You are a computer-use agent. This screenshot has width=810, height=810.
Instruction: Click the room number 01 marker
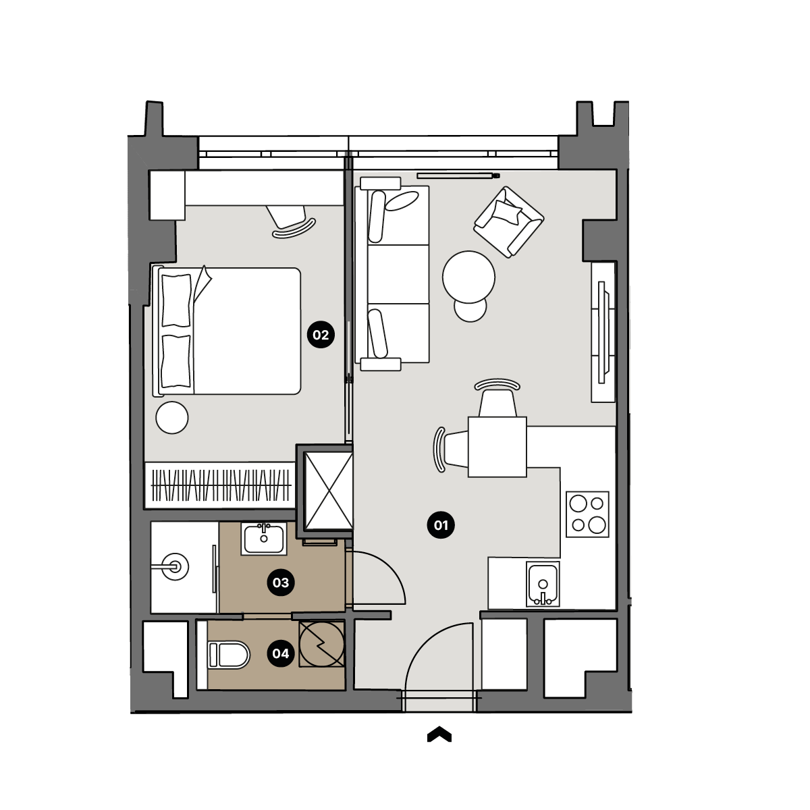(x=441, y=525)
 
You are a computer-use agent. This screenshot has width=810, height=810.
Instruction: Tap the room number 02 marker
(x=321, y=335)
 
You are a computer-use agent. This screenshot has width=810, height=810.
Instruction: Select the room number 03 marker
(x=281, y=583)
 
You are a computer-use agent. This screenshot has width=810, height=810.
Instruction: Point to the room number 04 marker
(x=281, y=653)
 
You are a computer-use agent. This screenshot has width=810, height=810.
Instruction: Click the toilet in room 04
(x=229, y=655)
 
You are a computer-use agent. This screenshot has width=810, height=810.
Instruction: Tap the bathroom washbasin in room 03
(x=264, y=539)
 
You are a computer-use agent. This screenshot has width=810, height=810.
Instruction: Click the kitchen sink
(x=543, y=585)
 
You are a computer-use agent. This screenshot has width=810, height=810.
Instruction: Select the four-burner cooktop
(x=588, y=514)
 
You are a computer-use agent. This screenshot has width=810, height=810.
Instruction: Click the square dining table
(x=497, y=447)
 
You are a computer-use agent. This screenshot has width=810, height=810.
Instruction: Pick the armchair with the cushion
(x=509, y=222)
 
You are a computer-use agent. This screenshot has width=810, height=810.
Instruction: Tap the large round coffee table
(x=468, y=277)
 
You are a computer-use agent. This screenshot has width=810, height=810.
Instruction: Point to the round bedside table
(x=172, y=417)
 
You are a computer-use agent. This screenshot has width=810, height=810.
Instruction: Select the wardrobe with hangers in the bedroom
(x=220, y=485)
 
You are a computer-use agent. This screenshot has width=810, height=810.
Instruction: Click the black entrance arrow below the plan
(x=439, y=734)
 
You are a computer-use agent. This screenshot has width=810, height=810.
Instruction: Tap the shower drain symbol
(x=175, y=567)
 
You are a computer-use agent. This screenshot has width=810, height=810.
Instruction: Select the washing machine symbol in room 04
(x=321, y=644)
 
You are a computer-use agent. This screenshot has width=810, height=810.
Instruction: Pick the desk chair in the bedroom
(x=292, y=221)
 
